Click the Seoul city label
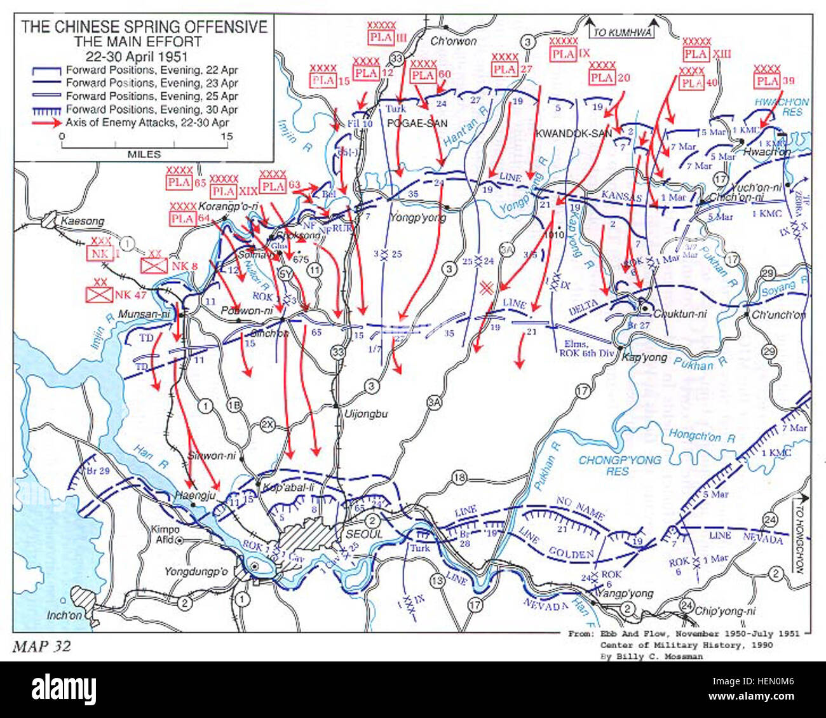(363, 534)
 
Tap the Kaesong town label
(83, 221)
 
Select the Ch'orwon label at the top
(453, 41)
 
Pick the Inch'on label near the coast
(65, 615)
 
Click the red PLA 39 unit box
(767, 81)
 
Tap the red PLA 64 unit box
(182, 219)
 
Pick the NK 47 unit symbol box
(100, 294)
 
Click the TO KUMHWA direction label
(622, 33)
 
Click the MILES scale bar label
(144, 154)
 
